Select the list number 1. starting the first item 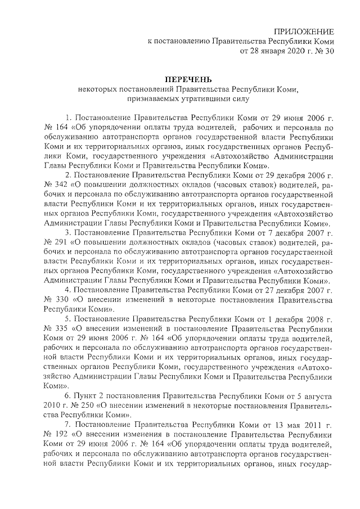[x=69, y=117]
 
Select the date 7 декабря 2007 [x=292, y=233]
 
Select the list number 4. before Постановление [x=69, y=290]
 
